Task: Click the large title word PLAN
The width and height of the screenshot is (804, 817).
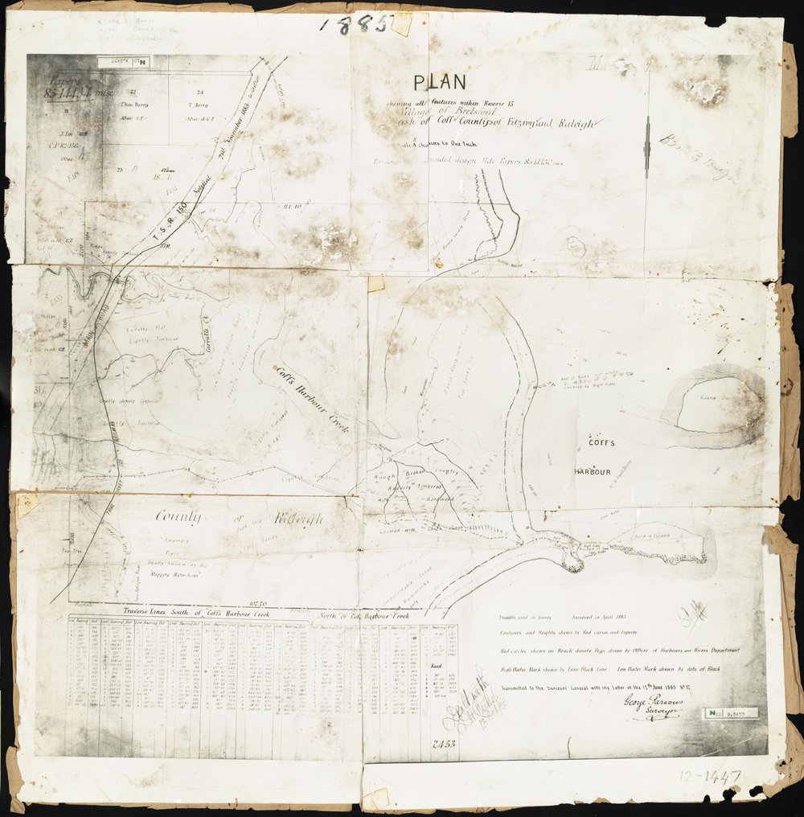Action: [439, 81]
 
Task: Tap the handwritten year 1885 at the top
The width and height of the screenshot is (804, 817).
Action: [355, 24]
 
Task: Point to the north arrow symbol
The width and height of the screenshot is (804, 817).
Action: [647, 146]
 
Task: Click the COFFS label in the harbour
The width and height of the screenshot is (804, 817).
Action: [601, 442]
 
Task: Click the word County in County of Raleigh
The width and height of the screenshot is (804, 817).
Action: [179, 517]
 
